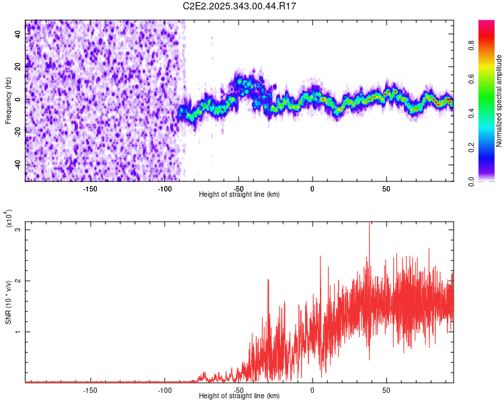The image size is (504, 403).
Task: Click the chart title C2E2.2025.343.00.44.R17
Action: [x=240, y=6]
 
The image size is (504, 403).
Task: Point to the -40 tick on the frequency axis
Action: [x=17, y=165]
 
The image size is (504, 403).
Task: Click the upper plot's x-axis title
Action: [x=239, y=195]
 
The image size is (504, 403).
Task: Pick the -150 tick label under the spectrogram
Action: [x=90, y=188]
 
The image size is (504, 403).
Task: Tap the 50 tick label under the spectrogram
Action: [x=386, y=188]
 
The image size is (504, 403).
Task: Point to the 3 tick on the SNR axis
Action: [x=19, y=230]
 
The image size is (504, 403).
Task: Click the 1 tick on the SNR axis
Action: [x=19, y=332]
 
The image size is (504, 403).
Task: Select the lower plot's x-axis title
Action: [x=239, y=396]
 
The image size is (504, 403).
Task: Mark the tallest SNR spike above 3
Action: [x=369, y=224]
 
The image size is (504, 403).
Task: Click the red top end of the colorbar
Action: [x=486, y=24]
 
